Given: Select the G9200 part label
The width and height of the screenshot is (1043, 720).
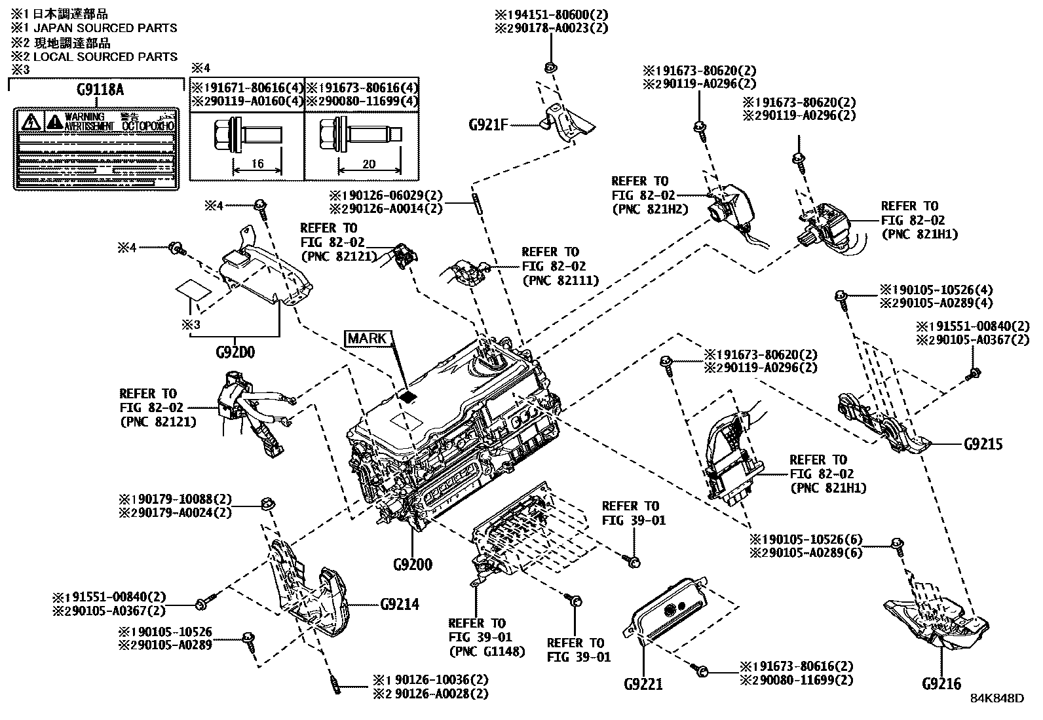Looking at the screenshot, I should pos(413,564).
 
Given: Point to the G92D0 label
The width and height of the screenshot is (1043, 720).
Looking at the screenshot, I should pos(235,352).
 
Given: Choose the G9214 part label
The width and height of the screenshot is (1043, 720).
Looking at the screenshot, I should pos(400,603).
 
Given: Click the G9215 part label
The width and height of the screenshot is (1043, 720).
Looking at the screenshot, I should pos(983,444).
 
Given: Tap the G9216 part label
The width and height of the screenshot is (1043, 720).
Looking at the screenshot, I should pos(941,684).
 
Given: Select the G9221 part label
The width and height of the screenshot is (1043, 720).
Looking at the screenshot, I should pos(643,684).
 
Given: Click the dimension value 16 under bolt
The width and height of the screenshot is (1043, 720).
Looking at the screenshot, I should pos(257,164).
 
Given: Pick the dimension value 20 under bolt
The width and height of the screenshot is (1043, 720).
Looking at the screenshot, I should pos(369,164).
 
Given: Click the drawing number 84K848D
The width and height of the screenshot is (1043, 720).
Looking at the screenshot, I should pos(996,698).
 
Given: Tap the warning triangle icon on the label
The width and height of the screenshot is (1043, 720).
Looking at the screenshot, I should pos(29,122).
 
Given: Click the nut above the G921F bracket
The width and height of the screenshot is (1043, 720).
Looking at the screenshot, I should pos(550,67).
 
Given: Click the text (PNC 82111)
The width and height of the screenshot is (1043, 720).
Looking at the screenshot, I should pos(561,280).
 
